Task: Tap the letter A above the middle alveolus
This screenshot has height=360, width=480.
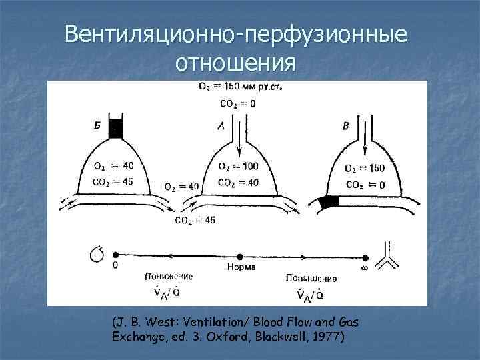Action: pyautogui.click(x=221, y=125)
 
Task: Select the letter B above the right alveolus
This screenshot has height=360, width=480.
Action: pyautogui.click(x=345, y=125)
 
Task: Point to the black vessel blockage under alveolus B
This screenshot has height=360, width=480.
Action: pyautogui.click(x=329, y=201)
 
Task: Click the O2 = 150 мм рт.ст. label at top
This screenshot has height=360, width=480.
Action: pyautogui.click(x=240, y=87)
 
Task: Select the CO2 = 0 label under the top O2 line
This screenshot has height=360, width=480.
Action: pyautogui.click(x=237, y=103)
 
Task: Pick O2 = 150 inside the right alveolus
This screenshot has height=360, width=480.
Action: pyautogui.click(x=365, y=168)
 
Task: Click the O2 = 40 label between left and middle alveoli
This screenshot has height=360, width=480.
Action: pyautogui.click(x=181, y=187)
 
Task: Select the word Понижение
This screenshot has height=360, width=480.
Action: pyautogui.click(x=169, y=276)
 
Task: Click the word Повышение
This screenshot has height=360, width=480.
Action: pyautogui.click(x=311, y=277)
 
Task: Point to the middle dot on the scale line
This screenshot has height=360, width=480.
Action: pyautogui.click(x=241, y=256)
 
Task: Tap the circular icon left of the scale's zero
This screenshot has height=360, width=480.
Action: pyautogui.click(x=97, y=254)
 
